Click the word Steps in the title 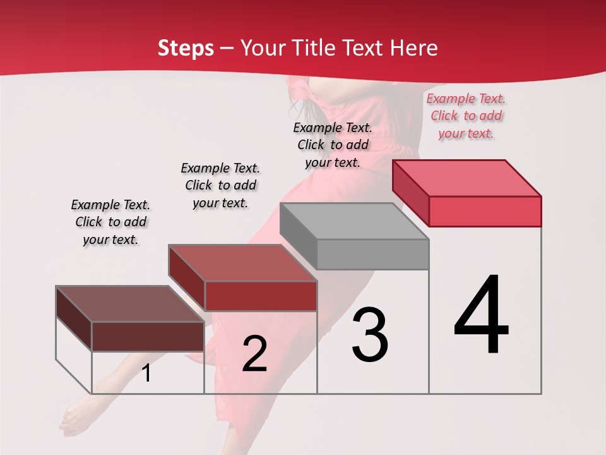pyautogui.click(x=186, y=48)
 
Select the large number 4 pyautogui.click(x=481, y=316)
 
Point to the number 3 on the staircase pyautogui.click(x=370, y=335)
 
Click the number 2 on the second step pyautogui.click(x=254, y=354)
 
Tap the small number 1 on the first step pyautogui.click(x=146, y=373)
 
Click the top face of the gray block pyautogui.click(x=353, y=221)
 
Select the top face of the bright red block pyautogui.click(x=467, y=178)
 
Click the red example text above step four pyautogui.click(x=466, y=116)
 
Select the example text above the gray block pyautogui.click(x=333, y=145)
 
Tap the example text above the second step pyautogui.click(x=220, y=185)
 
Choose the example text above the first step pyautogui.click(x=110, y=222)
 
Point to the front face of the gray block pyautogui.click(x=372, y=254)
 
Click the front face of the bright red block pyautogui.click(x=485, y=211)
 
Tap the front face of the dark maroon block pyautogui.click(x=148, y=336)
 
